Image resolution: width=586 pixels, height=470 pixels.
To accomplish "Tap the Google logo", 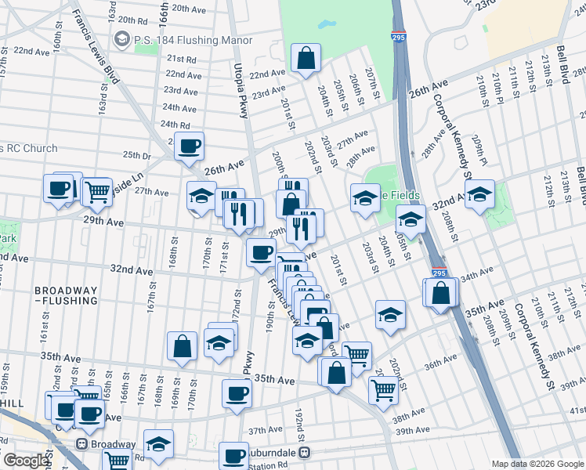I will (26, 460).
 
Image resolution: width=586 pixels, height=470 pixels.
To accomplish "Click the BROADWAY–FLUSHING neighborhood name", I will (66, 295).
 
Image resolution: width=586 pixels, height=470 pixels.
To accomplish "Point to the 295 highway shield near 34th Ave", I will (439, 273).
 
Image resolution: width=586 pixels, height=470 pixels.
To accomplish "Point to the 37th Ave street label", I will (264, 431).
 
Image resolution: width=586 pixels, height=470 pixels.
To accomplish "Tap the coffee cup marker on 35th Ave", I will (237, 393).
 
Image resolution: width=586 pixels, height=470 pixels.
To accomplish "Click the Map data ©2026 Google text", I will (538, 463).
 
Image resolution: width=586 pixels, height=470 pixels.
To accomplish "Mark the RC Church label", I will (28, 148).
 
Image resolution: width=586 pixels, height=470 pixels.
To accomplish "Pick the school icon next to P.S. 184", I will (121, 38).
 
